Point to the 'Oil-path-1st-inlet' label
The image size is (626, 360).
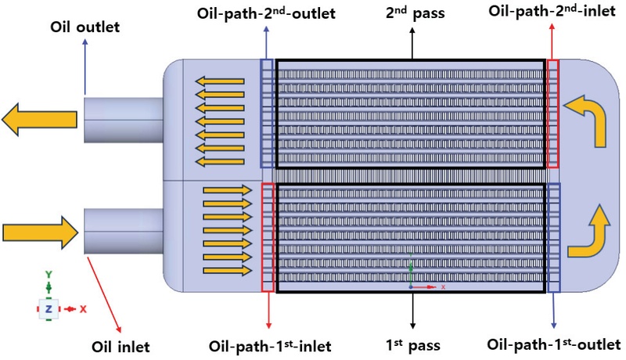point(269,344)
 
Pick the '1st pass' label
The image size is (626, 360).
point(412,344)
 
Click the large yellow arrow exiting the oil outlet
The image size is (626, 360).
point(39,119)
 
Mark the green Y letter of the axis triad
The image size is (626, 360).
point(49,275)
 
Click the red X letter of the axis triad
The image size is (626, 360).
point(82,309)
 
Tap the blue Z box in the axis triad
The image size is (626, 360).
point(49,309)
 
